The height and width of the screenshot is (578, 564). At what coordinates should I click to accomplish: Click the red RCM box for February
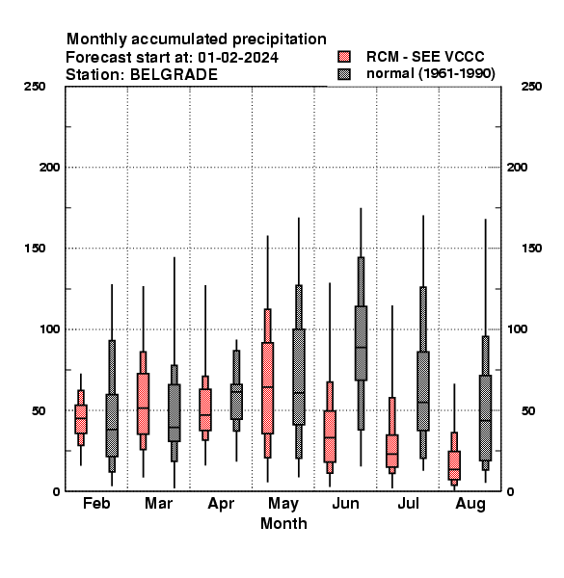pyautogui.click(x=81, y=419)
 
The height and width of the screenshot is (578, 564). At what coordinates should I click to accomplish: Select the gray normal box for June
pyautogui.click(x=361, y=343)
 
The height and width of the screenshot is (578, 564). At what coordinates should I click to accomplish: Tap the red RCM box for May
pyautogui.click(x=267, y=388)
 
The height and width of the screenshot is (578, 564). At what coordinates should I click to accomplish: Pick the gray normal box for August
pyautogui.click(x=486, y=418)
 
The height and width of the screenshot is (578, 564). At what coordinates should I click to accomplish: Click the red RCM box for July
pyautogui.click(x=392, y=451)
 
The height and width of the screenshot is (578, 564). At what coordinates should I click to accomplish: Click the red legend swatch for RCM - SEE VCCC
pyautogui.click(x=344, y=57)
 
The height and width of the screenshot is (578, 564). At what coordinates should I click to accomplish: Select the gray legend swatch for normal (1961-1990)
pyautogui.click(x=344, y=74)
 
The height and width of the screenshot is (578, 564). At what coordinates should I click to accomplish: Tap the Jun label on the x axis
pyautogui.click(x=345, y=503)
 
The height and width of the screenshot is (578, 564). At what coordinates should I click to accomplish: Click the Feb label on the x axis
pyautogui.click(x=96, y=503)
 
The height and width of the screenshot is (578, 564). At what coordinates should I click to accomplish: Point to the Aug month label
pyautogui.click(x=470, y=504)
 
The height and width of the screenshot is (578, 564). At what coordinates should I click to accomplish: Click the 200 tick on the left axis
pyautogui.click(x=49, y=168)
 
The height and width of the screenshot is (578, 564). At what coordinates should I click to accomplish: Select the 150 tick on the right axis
pyautogui.click(x=531, y=249)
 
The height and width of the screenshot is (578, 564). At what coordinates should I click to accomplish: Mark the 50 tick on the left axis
pyautogui.click(x=39, y=410)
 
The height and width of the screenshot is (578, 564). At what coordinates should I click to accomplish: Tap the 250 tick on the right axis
pyautogui.click(x=531, y=87)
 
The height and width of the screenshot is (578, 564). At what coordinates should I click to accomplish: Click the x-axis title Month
pyautogui.click(x=283, y=523)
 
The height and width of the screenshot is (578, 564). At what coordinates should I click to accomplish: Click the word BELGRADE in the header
pyautogui.click(x=174, y=75)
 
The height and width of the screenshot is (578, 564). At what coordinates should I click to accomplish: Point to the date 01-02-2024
pyautogui.click(x=238, y=58)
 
